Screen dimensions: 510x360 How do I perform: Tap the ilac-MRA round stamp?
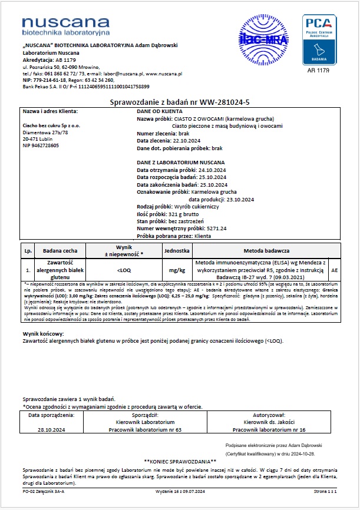(260, 39)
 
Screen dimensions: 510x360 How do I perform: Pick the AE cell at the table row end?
(335, 269)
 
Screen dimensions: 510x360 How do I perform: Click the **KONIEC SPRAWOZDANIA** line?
(180, 461)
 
